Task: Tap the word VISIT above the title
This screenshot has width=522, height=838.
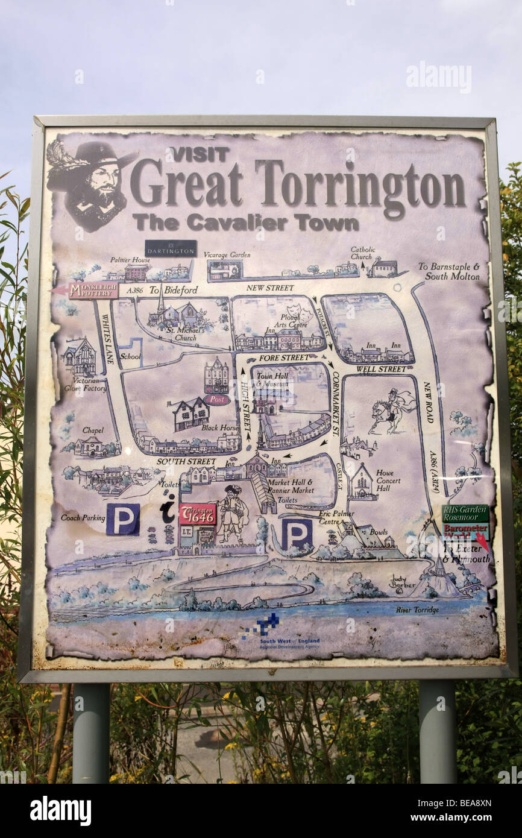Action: [x=199, y=154]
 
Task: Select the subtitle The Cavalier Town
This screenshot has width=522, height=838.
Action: [x=245, y=222]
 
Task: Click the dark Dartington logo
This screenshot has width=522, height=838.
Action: [x=171, y=248]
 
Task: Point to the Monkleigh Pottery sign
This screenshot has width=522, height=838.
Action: [x=93, y=291]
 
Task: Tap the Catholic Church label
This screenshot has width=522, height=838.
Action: [x=362, y=253]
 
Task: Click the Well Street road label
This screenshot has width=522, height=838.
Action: [x=381, y=368]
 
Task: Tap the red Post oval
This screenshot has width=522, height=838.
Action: [x=216, y=399]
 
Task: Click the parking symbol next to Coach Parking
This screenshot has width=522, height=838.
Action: [x=123, y=519]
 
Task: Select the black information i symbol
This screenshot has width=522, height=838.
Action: [x=168, y=510]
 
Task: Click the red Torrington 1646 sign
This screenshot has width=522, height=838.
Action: [x=197, y=514]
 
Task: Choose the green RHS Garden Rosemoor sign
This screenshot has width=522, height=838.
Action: [x=465, y=514]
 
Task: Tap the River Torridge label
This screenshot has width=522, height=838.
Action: [x=417, y=610]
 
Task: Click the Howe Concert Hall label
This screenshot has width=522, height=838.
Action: [x=388, y=480]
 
